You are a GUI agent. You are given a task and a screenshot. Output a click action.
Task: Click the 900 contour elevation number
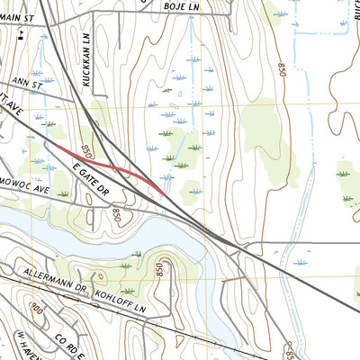pyautogui.click(x=36, y=310)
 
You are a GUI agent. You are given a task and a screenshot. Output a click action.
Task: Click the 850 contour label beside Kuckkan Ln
pyautogui.click(x=86, y=149)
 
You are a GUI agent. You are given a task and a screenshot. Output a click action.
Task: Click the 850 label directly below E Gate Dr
pyautogui.click(x=118, y=213)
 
